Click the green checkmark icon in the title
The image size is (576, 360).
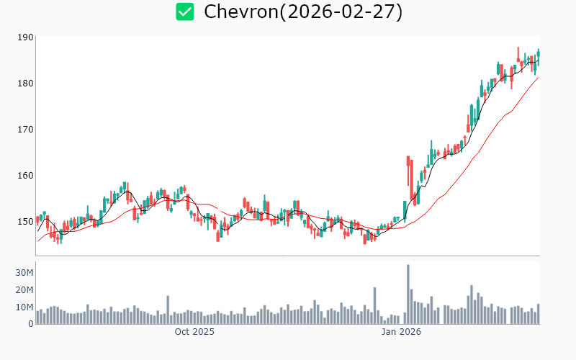(x=185, y=12)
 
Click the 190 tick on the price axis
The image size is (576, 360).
(x=25, y=37)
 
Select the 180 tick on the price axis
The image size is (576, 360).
(x=25, y=84)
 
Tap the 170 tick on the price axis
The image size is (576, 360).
(x=25, y=130)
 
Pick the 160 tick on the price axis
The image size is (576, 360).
(x=25, y=176)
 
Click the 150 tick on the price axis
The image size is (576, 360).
(x=25, y=222)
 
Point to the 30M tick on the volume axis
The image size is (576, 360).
(x=25, y=273)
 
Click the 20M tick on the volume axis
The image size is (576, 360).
(x=25, y=290)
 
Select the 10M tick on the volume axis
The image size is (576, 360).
(x=25, y=307)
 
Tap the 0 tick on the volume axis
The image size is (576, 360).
(x=31, y=324)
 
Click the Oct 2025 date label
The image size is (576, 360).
(x=194, y=333)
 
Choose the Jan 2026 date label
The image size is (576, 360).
(x=401, y=333)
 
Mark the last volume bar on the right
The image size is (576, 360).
(x=538, y=314)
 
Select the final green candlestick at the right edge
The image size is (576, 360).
(x=538, y=55)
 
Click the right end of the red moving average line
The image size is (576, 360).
(x=538, y=77)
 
